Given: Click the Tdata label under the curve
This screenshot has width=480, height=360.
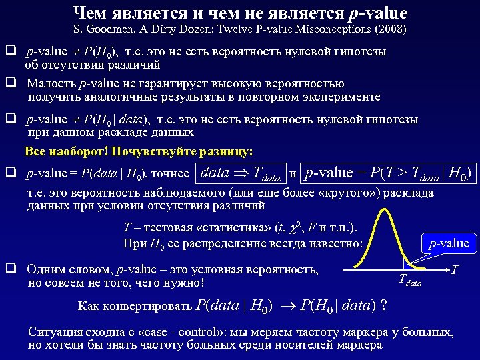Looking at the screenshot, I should [x=410, y=282].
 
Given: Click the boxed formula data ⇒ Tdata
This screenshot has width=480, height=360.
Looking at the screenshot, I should [x=240, y=173].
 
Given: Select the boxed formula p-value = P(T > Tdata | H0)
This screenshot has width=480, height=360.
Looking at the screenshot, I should [x=387, y=173].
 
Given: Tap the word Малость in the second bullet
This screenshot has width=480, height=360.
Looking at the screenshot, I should [x=51, y=83].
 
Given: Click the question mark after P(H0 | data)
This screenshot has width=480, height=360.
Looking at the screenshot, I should [x=383, y=306].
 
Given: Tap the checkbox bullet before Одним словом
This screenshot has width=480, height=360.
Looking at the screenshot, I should [x=11, y=269].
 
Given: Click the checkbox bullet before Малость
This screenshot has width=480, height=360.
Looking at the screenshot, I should [x=11, y=83].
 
